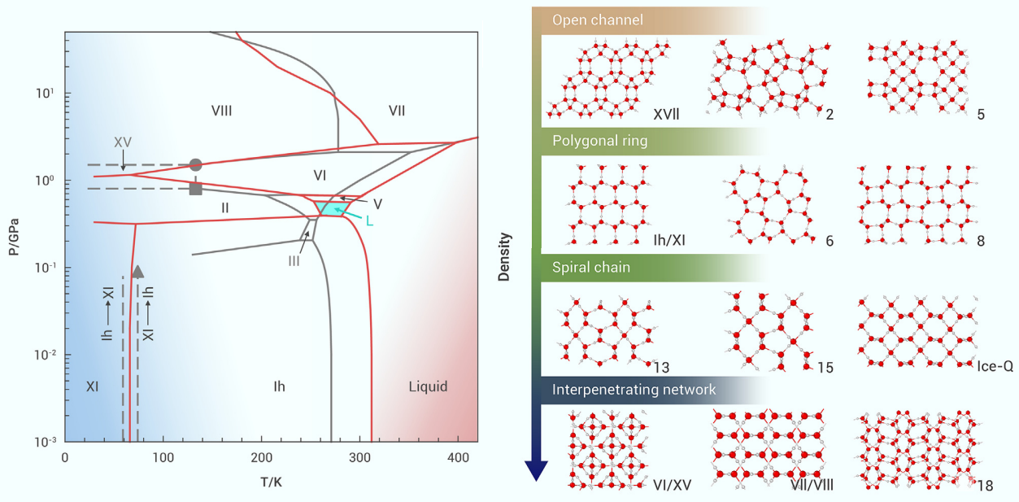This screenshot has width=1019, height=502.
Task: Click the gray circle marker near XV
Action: click(195, 165)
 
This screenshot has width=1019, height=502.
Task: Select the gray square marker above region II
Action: click(195, 189)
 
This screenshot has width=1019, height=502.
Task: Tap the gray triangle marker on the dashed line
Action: click(138, 272)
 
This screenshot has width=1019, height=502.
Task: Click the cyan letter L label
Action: click(369, 220)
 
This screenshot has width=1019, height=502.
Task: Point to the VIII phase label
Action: click(221, 111)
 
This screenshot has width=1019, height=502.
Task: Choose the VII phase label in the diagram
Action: click(396, 111)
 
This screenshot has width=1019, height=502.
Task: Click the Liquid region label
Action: click(428, 386)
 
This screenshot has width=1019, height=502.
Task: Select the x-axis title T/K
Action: click(271, 482)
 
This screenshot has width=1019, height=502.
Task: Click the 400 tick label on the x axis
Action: click(457, 457)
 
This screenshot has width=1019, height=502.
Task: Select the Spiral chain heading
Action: click(591, 267)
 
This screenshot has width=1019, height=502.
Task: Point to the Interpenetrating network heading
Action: click(634, 390)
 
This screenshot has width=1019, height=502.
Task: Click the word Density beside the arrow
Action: click(505, 257)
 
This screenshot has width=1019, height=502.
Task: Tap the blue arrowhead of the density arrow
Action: click(537, 470)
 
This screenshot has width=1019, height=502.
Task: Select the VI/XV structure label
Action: click(671, 486)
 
